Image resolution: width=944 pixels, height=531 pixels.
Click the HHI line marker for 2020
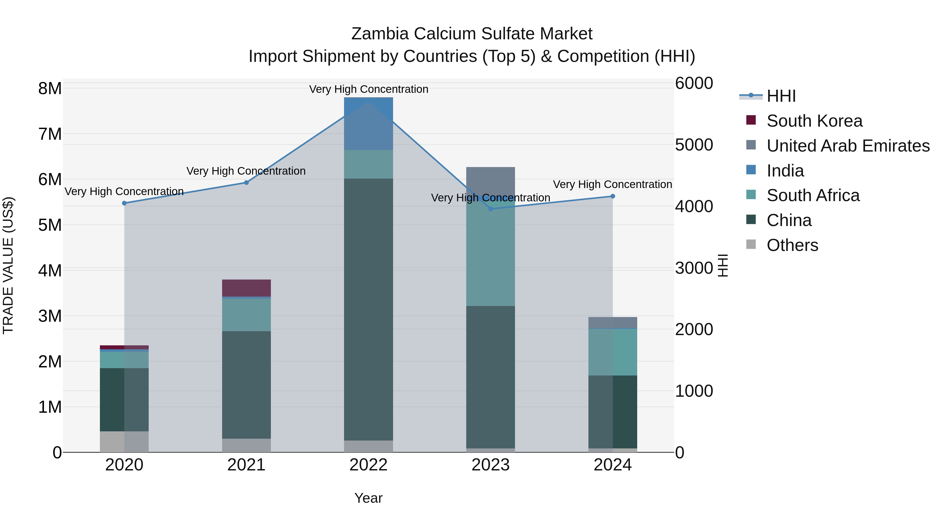[x=124, y=203]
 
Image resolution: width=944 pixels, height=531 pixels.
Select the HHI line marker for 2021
[x=246, y=183]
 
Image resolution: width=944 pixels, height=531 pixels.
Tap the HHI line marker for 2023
[x=491, y=209]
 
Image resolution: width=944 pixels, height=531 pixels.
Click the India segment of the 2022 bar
[x=368, y=124]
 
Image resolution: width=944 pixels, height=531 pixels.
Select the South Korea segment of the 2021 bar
[x=246, y=288]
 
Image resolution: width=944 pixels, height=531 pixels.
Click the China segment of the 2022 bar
[x=368, y=310]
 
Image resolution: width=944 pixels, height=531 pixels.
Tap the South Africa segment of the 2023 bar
[x=491, y=256]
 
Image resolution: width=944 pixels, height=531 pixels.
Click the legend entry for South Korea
[x=814, y=121]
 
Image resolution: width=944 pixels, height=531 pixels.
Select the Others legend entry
[x=792, y=245]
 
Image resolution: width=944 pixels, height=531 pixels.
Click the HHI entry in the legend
[x=781, y=96]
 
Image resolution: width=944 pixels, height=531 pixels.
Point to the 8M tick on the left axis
[x=50, y=88]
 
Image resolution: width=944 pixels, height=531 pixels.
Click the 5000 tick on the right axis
[x=694, y=145]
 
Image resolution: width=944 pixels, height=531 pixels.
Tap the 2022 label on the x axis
[x=368, y=465]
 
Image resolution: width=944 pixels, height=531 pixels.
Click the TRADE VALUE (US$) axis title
[x=8, y=265]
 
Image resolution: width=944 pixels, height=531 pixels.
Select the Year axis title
[x=368, y=498]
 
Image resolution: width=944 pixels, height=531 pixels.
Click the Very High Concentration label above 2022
[x=368, y=89]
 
